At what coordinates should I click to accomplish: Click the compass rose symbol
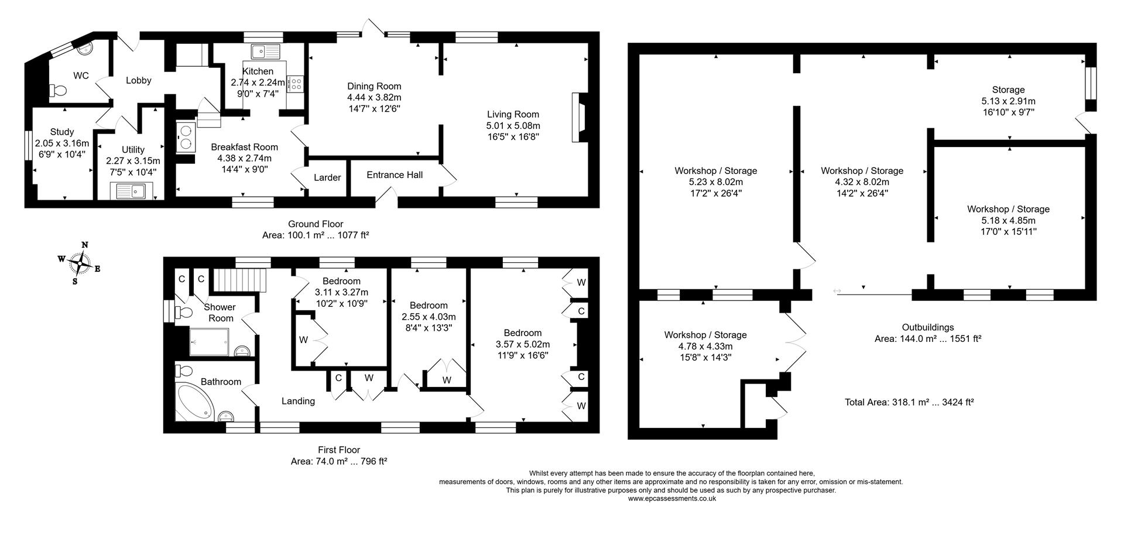pyautogui.click(x=79, y=263)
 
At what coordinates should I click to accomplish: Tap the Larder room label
pyautogui.click(x=327, y=177)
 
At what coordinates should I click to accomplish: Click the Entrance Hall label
pyautogui.click(x=395, y=174)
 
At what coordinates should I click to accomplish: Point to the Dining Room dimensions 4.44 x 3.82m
pyautogui.click(x=374, y=97)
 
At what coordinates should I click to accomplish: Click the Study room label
pyautogui.click(x=62, y=132)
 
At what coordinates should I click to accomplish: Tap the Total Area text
pyautogui.click(x=909, y=402)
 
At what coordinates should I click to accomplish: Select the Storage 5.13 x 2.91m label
pyautogui.click(x=1008, y=101)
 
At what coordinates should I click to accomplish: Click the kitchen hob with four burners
pyautogui.click(x=295, y=84)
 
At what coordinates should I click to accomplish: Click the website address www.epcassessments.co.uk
pyautogui.click(x=671, y=498)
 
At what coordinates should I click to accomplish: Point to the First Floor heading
pyautogui.click(x=339, y=450)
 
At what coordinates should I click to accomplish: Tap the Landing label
pyautogui.click(x=298, y=401)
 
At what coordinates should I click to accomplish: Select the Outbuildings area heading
pyautogui.click(x=927, y=327)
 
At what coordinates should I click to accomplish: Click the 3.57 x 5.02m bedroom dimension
pyautogui.click(x=523, y=344)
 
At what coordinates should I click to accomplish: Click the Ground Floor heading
pyautogui.click(x=316, y=224)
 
